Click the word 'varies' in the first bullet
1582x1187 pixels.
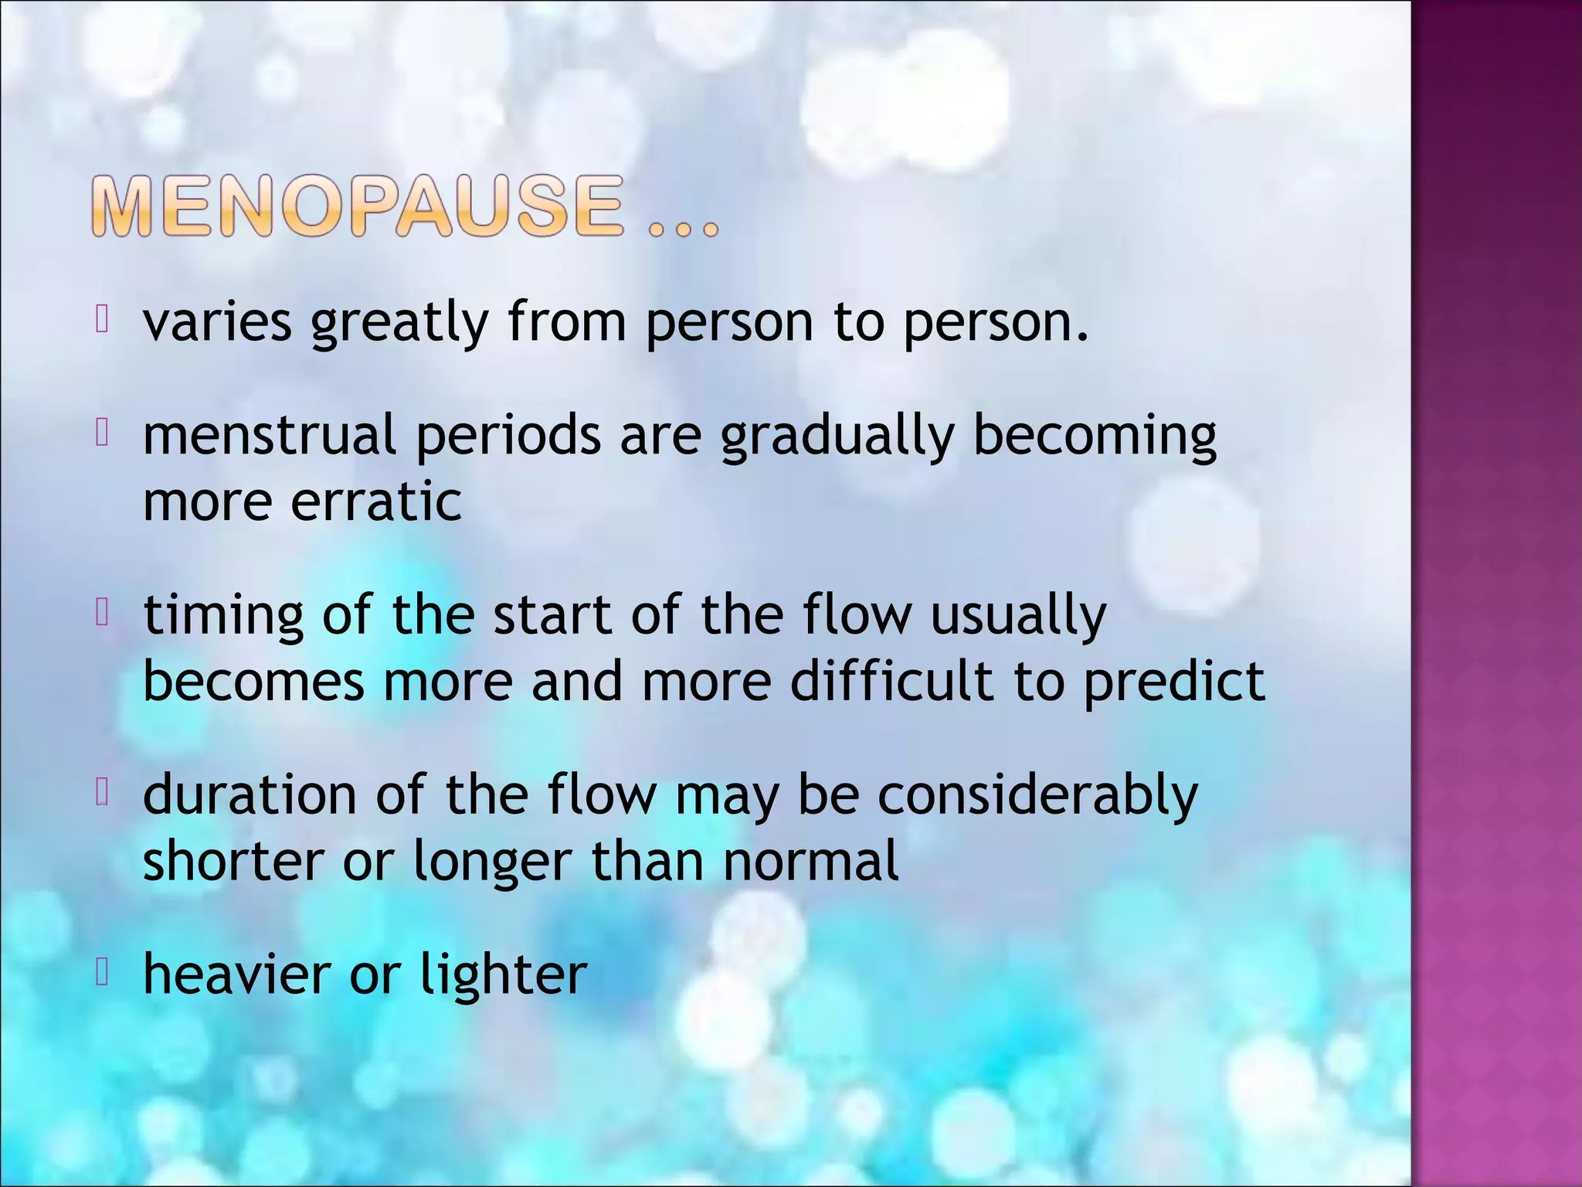(x=217, y=322)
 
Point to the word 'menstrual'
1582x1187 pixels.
(x=270, y=435)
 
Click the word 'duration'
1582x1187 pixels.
(x=250, y=794)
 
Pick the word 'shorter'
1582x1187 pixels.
(x=233, y=862)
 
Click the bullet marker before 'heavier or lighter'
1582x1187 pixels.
(x=101, y=973)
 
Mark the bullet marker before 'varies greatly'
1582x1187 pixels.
(x=101, y=319)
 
